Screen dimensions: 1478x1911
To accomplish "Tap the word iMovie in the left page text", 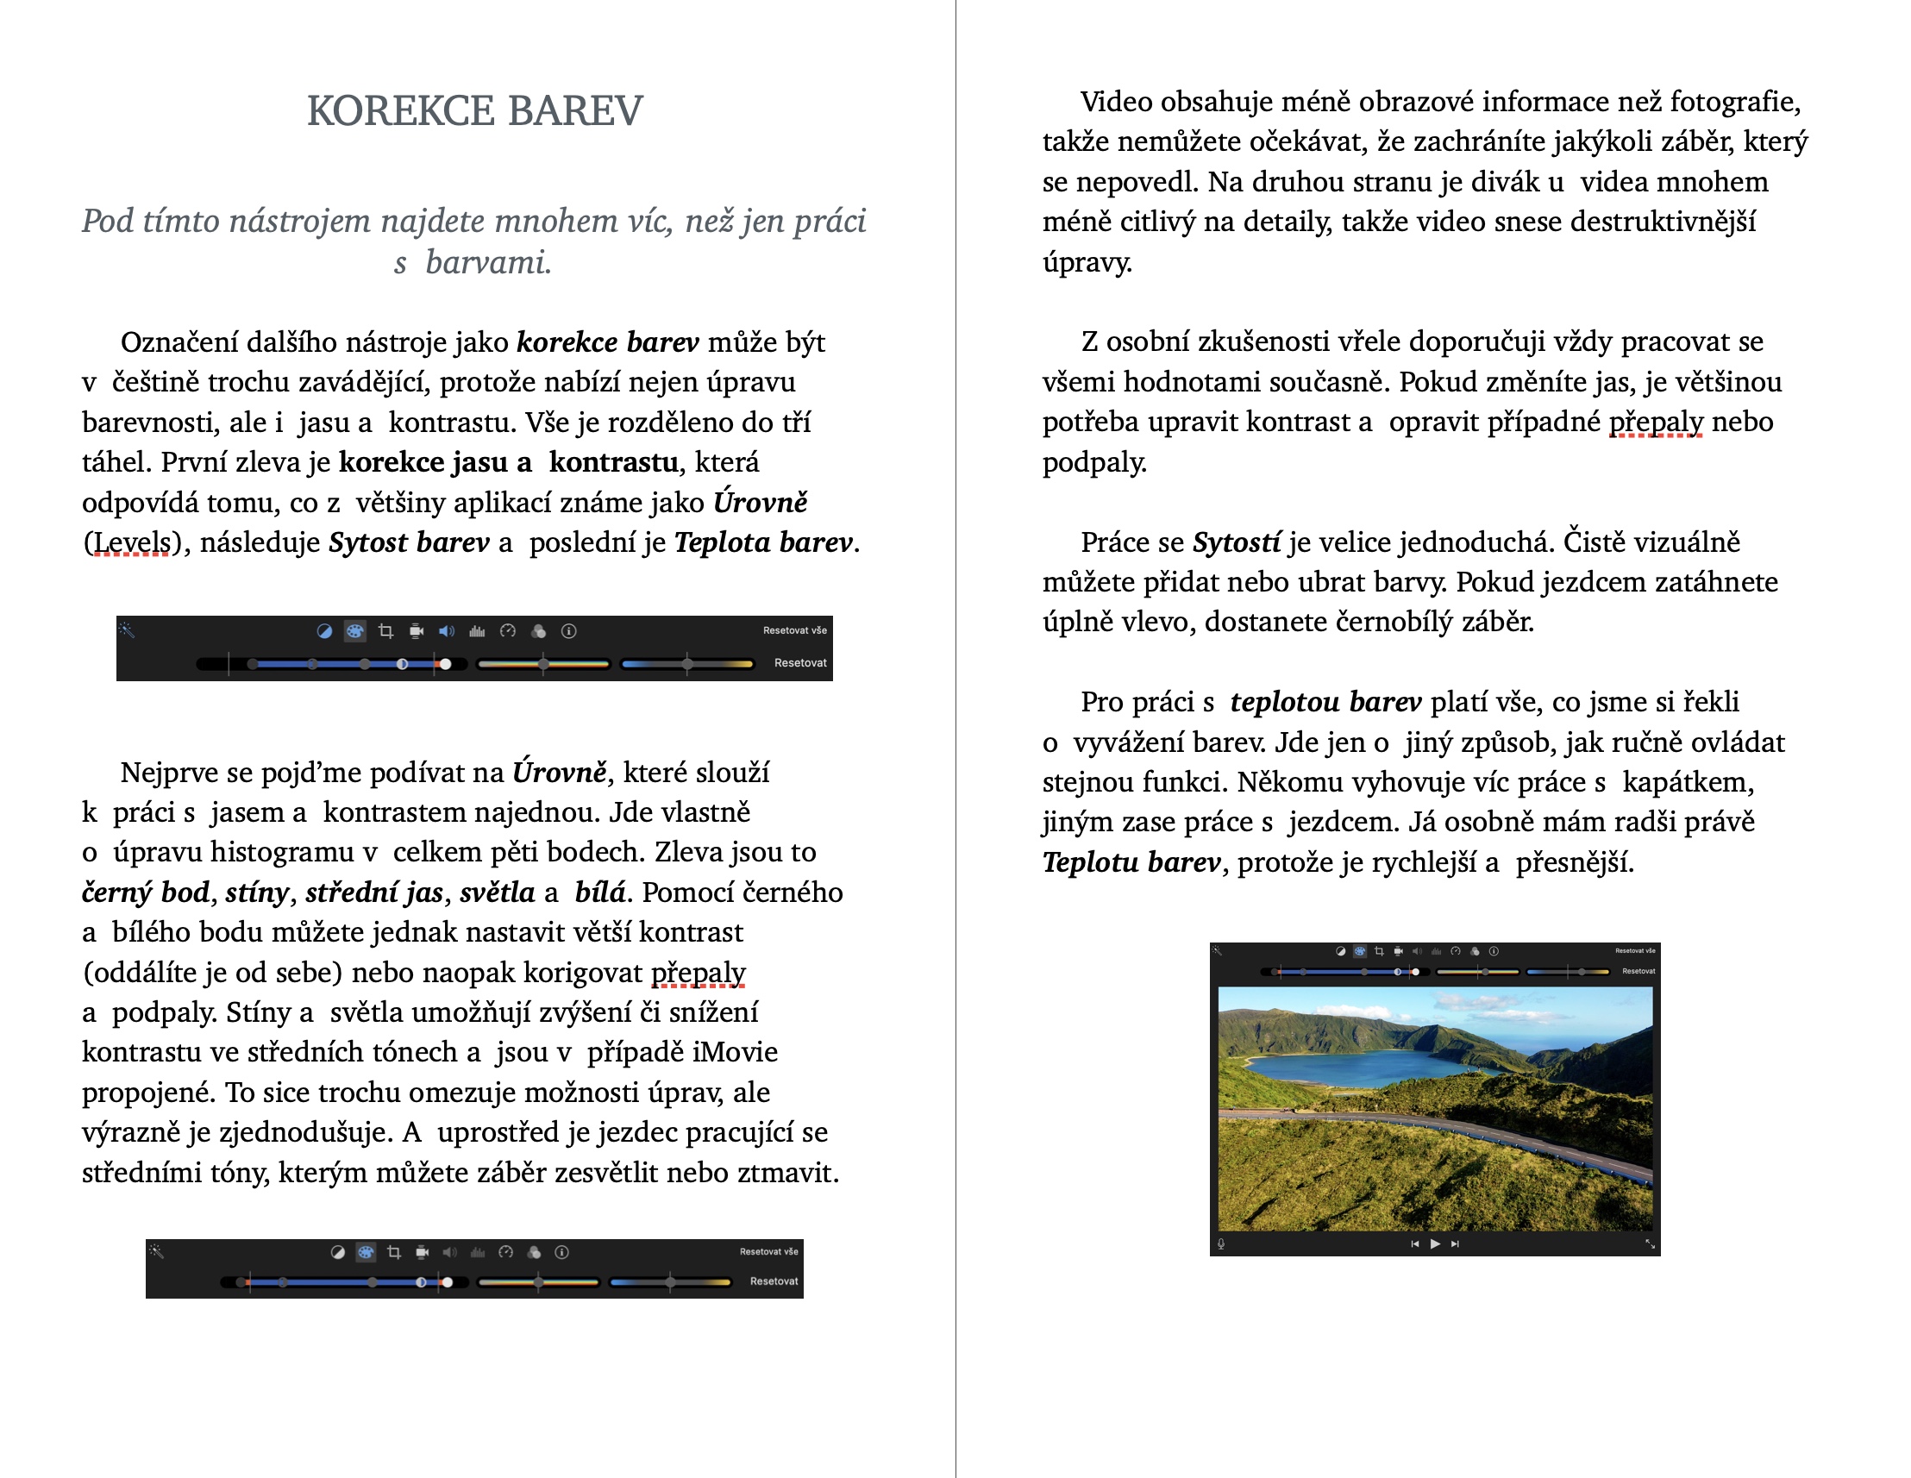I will pyautogui.click(x=734, y=1052).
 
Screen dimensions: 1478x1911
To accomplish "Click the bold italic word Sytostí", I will pyautogui.click(x=1237, y=542).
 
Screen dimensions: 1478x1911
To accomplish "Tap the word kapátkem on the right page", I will pyautogui.click(x=1687, y=782).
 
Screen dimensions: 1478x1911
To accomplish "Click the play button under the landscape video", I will pyautogui.click(x=1435, y=1243).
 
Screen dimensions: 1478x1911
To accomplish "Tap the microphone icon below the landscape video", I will pyautogui.click(x=1221, y=1243).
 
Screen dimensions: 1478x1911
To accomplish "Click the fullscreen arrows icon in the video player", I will pyautogui.click(x=1650, y=1243).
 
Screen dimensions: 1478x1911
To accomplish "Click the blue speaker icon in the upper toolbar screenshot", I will pyautogui.click(x=446, y=631).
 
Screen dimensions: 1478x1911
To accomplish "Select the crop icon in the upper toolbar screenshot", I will pyautogui.click(x=385, y=631).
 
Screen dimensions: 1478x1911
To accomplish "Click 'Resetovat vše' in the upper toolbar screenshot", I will pyautogui.click(x=793, y=630).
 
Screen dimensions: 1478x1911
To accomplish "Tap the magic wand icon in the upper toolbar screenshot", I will pyautogui.click(x=127, y=630).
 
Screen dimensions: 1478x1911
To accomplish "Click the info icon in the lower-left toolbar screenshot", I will pyautogui.click(x=561, y=1252).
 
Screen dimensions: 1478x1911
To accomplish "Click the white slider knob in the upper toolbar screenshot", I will pyautogui.click(x=445, y=664).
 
